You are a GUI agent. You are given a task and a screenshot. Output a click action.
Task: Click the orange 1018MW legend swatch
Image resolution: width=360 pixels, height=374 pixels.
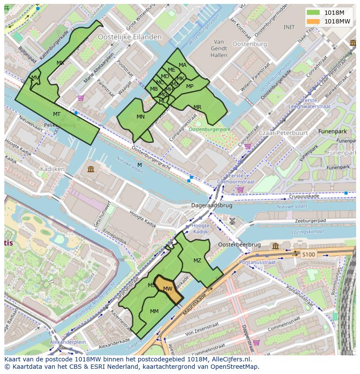pyautogui.click(x=313, y=21)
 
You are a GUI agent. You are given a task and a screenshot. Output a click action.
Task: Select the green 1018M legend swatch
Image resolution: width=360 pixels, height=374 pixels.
pyautogui.click(x=313, y=13)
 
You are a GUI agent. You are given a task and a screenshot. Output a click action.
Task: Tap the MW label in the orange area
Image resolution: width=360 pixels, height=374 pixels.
pyautogui.click(x=168, y=289)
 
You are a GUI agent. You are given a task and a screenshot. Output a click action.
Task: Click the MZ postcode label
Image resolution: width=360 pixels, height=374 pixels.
pyautogui.click(x=197, y=261)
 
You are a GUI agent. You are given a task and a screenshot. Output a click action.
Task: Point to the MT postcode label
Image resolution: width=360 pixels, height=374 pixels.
pyautogui.click(x=57, y=114)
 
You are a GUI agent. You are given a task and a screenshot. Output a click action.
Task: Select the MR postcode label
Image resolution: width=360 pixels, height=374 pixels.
pyautogui.click(x=197, y=107)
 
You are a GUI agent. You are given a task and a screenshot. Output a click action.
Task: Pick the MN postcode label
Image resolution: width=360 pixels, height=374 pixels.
pyautogui.click(x=140, y=117)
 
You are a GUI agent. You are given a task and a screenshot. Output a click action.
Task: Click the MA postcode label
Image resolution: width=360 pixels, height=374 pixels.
pyautogui.click(x=183, y=65)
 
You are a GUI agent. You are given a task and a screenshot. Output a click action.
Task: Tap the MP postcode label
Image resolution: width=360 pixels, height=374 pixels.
pyautogui.click(x=190, y=86)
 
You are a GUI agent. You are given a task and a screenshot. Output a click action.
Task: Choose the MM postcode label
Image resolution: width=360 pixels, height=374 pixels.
pyautogui.click(x=154, y=311)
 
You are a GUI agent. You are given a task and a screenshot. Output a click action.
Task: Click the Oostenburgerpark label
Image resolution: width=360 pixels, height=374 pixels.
pyautogui.click(x=210, y=129)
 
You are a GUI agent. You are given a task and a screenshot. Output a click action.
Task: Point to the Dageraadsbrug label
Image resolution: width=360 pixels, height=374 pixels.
pyautogui.click(x=212, y=205)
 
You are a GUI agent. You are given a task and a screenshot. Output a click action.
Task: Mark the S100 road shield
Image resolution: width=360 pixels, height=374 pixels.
pyautogui.click(x=308, y=254)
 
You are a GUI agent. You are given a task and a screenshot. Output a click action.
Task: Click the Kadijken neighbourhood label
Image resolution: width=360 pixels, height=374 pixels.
pyautogui.click(x=52, y=169)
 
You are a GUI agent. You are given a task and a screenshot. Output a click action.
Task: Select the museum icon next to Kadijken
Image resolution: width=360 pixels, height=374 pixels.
pyautogui.click(x=90, y=169)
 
